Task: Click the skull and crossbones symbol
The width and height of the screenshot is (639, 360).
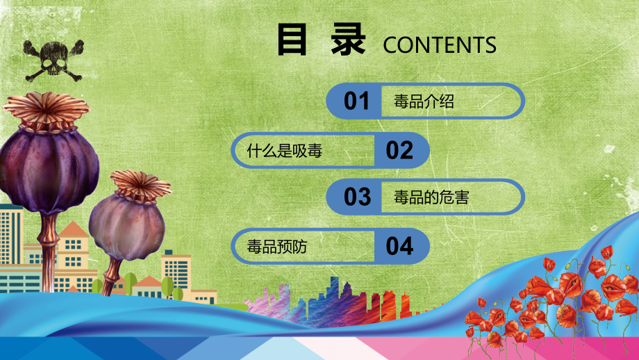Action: pos(52,59)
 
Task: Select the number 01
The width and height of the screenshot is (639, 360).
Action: pos(357,101)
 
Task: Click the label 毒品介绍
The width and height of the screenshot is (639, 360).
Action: pos(424,102)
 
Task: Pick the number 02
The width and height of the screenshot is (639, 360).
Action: pos(399,150)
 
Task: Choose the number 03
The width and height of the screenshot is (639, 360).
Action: pos(358,197)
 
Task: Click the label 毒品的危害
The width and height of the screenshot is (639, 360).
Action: pos(431,197)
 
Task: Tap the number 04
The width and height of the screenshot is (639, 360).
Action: pos(399,245)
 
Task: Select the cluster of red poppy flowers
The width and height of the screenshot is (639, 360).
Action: pos(556,299)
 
